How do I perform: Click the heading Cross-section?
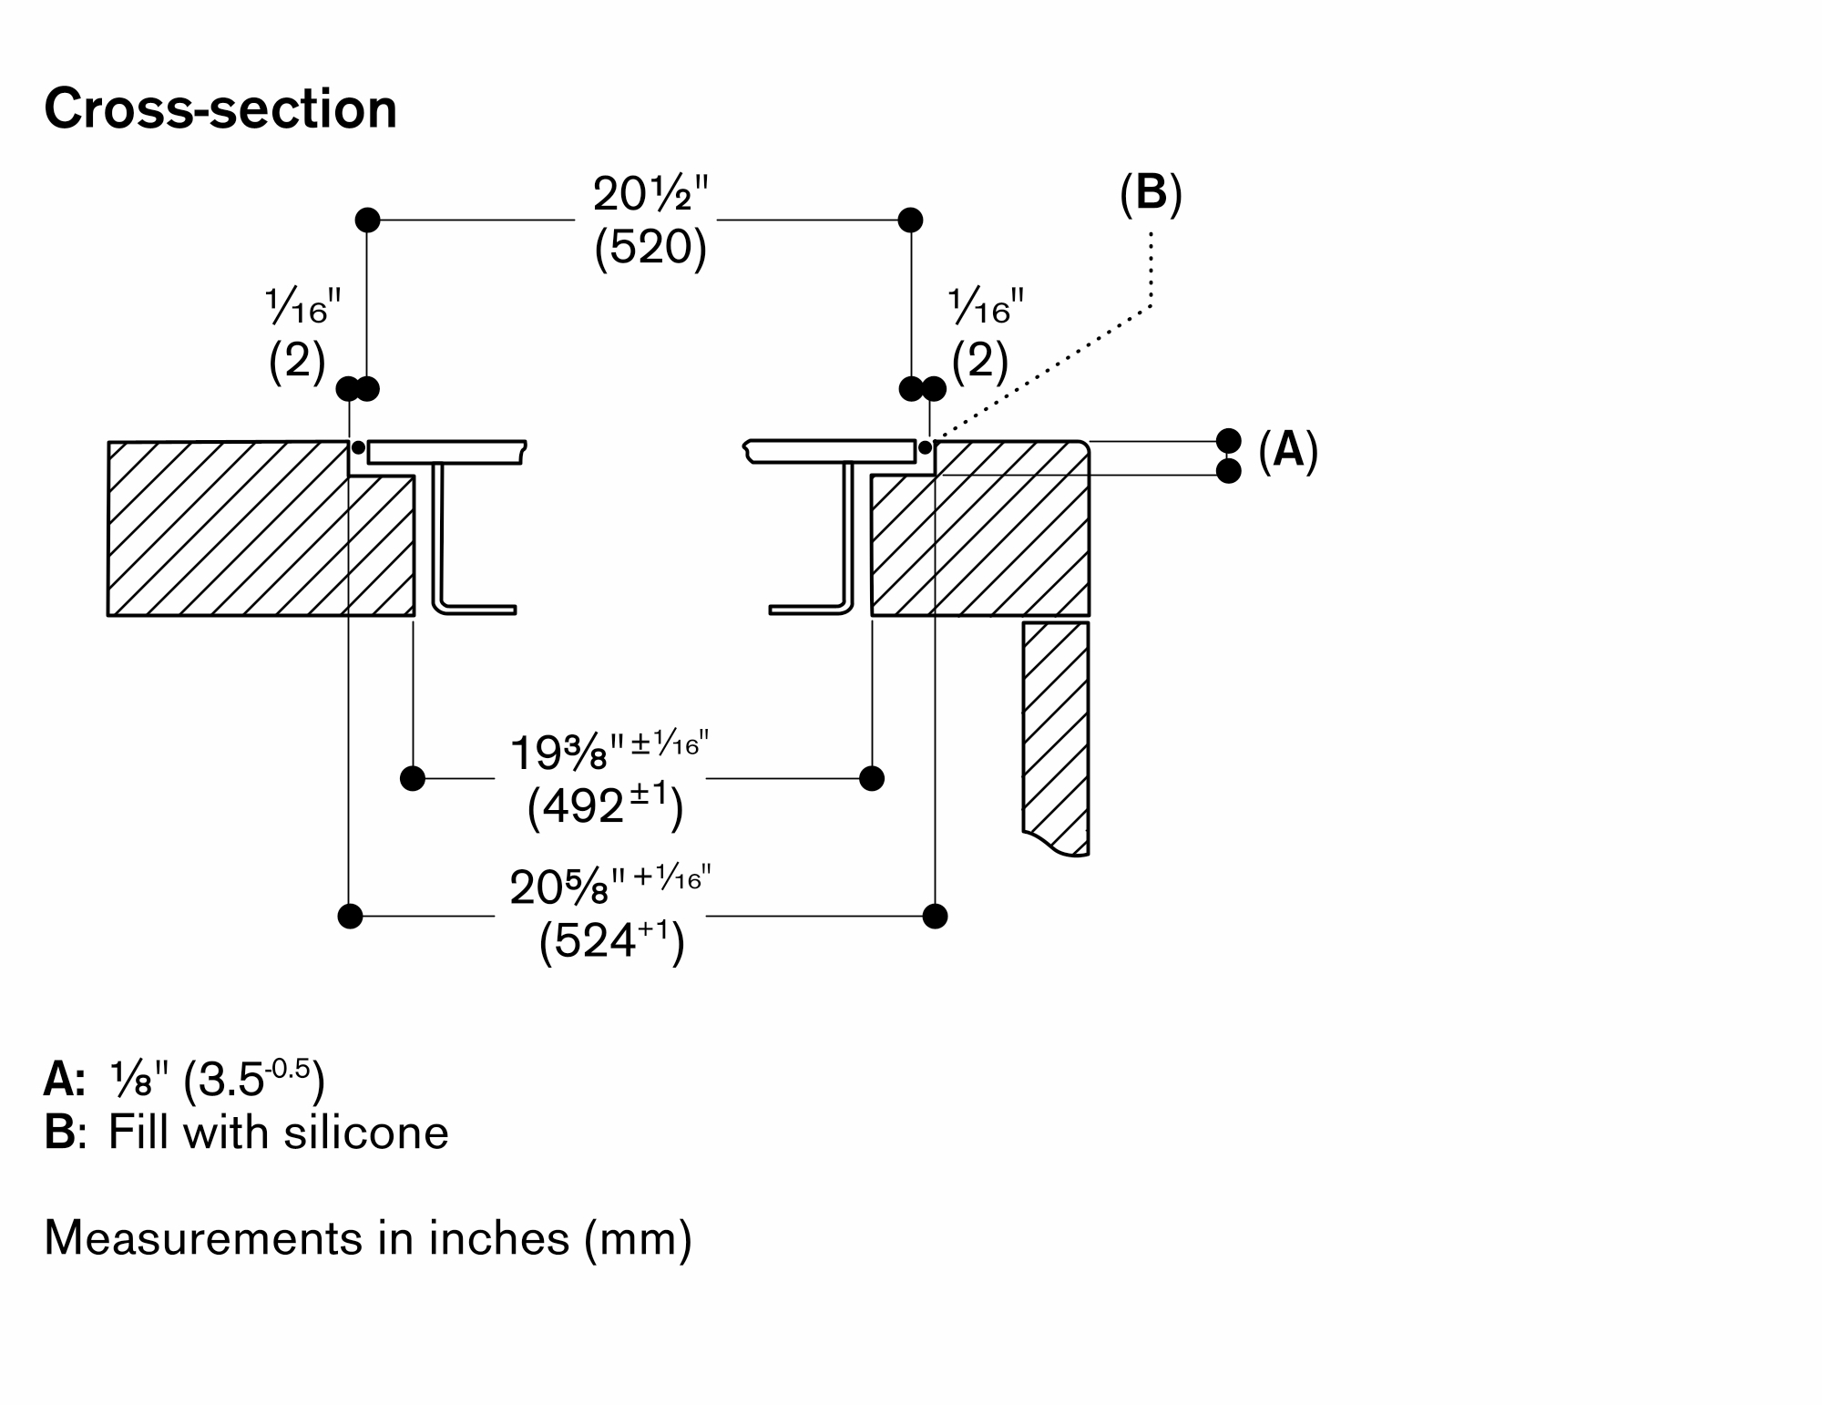point(220,109)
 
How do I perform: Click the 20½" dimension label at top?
point(650,194)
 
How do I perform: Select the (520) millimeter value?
point(650,247)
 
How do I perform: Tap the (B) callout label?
point(1151,194)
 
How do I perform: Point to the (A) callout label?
point(1287,450)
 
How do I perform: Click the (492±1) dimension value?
point(605,806)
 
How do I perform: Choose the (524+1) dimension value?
point(610,941)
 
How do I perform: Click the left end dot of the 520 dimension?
point(367,220)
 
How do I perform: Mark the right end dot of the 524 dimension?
point(935,916)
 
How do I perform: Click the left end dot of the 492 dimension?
point(413,778)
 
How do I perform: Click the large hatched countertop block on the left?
point(228,528)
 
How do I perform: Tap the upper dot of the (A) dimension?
point(1229,441)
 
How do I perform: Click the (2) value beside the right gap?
point(979,363)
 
